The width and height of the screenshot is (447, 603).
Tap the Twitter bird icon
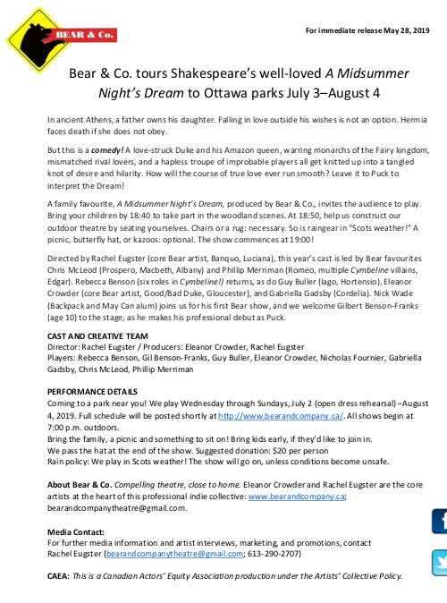coord(440,562)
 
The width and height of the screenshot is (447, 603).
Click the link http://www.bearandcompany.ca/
coord(268,416)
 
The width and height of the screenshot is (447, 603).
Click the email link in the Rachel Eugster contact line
coord(171,554)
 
